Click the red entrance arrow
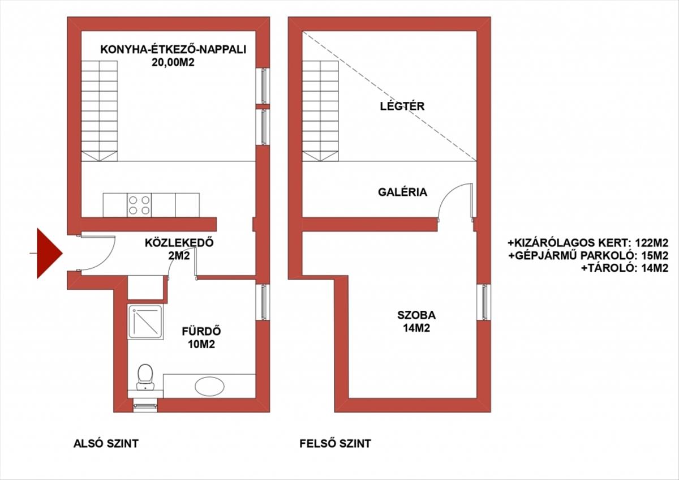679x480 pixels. (49, 253)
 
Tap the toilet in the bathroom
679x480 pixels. (145, 377)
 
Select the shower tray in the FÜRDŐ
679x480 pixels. (145, 322)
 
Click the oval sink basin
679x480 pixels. (209, 386)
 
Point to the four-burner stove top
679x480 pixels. (139, 205)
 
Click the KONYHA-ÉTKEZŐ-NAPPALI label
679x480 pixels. (173, 49)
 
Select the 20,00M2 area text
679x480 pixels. (173, 62)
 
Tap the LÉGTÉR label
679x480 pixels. (402, 106)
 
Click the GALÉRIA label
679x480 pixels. (402, 192)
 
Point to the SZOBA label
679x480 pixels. (416, 315)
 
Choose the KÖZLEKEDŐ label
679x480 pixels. (179, 243)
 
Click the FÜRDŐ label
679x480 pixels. (201, 332)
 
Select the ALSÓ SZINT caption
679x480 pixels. (106, 444)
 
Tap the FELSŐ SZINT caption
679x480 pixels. (335, 444)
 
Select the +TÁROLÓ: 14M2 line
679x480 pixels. (625, 268)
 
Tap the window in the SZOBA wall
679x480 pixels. (484, 302)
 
